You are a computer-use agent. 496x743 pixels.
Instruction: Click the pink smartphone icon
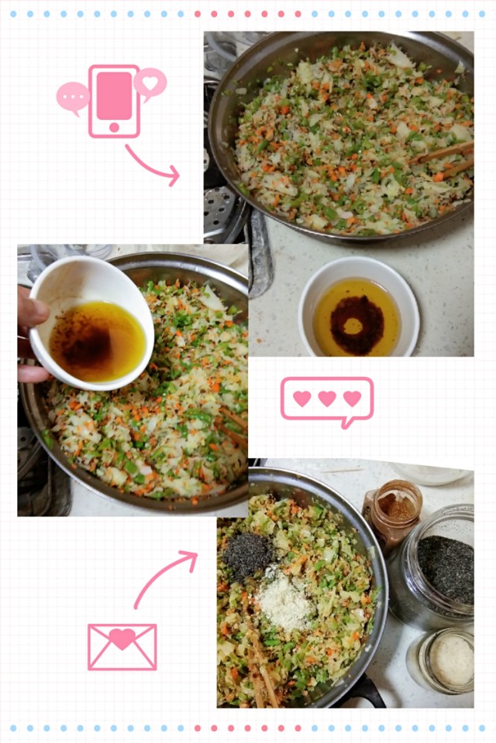click(x=114, y=101)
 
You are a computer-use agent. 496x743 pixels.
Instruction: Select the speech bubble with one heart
click(x=150, y=83)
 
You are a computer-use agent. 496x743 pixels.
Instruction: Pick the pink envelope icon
click(x=122, y=646)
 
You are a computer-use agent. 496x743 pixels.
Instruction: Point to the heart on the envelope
click(x=122, y=639)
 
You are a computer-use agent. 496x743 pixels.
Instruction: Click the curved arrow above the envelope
click(x=165, y=577)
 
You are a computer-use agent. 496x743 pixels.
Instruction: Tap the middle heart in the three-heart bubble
click(x=327, y=399)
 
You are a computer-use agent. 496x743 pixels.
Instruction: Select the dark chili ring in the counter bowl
click(x=357, y=325)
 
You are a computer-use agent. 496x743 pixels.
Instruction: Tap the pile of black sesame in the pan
click(x=247, y=555)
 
